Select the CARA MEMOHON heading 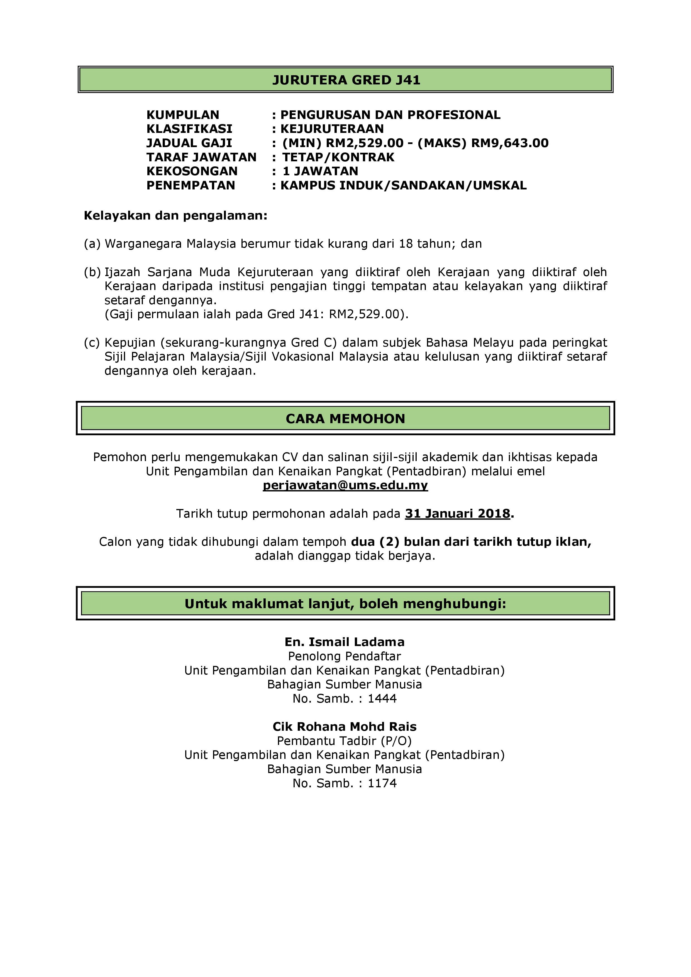click(x=345, y=419)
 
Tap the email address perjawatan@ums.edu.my click(x=345, y=485)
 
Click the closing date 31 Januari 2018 click(x=457, y=514)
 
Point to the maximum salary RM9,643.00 click(x=510, y=143)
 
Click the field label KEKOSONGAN click(x=192, y=171)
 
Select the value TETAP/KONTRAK click(x=338, y=157)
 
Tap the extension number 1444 click(x=382, y=698)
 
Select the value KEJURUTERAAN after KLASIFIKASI click(x=332, y=128)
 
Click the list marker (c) click(x=92, y=343)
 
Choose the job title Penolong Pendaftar click(x=345, y=656)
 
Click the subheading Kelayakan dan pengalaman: click(x=175, y=215)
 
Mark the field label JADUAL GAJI click(x=189, y=143)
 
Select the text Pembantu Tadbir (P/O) click(x=345, y=741)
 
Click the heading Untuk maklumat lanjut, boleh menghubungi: click(x=345, y=604)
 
